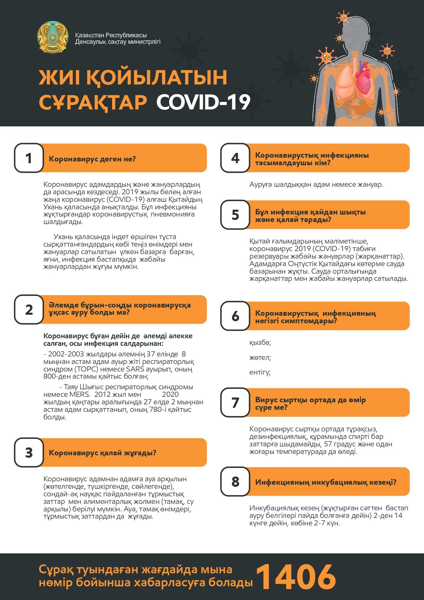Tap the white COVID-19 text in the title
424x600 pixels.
pyautogui.click(x=203, y=102)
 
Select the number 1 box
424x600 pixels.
pyautogui.click(x=29, y=158)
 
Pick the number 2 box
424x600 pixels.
pyautogui.click(x=29, y=310)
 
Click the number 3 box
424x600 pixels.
pyautogui.click(x=29, y=453)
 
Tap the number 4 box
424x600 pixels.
pyautogui.click(x=235, y=158)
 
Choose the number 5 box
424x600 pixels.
pyautogui.click(x=235, y=215)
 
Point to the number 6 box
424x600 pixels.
pyautogui.click(x=235, y=316)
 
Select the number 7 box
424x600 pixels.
pyautogui.click(x=235, y=403)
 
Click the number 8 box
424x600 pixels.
pyautogui.click(x=235, y=482)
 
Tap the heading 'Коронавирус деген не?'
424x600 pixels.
pyautogui.click(x=92, y=159)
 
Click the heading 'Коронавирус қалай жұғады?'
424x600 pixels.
pyautogui.click(x=102, y=453)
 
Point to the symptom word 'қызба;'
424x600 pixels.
pyautogui.click(x=260, y=342)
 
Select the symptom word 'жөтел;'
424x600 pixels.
pyautogui.click(x=260, y=357)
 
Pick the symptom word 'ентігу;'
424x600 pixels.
pyautogui.click(x=260, y=372)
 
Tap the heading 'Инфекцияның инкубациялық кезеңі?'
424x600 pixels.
pyautogui.click(x=326, y=482)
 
